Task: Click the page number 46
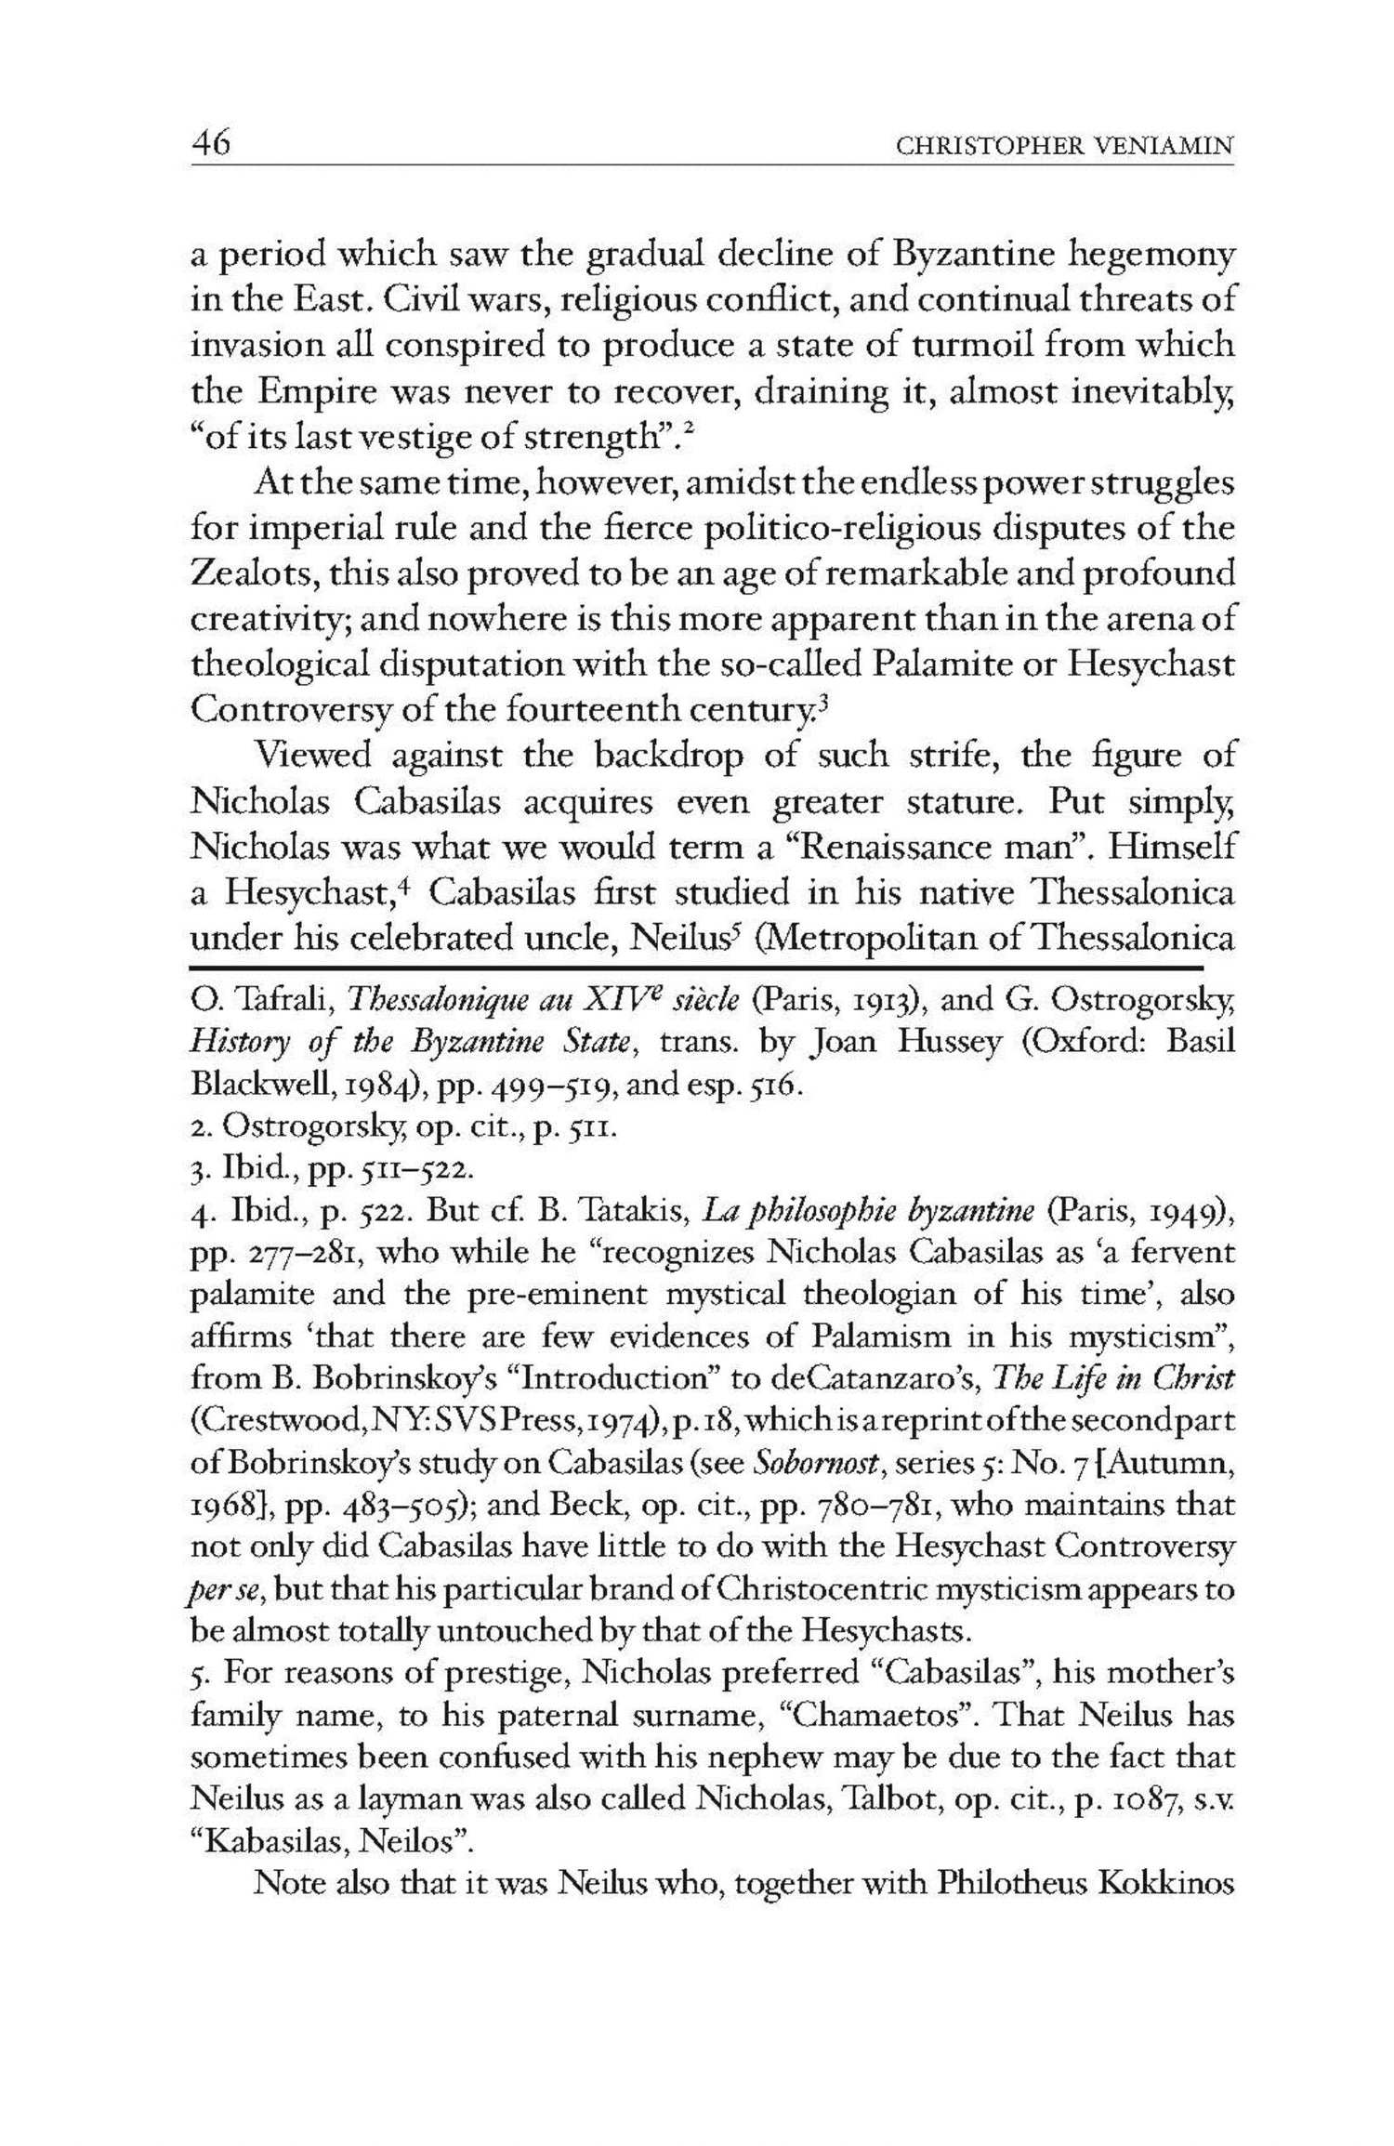pyautogui.click(x=211, y=145)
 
